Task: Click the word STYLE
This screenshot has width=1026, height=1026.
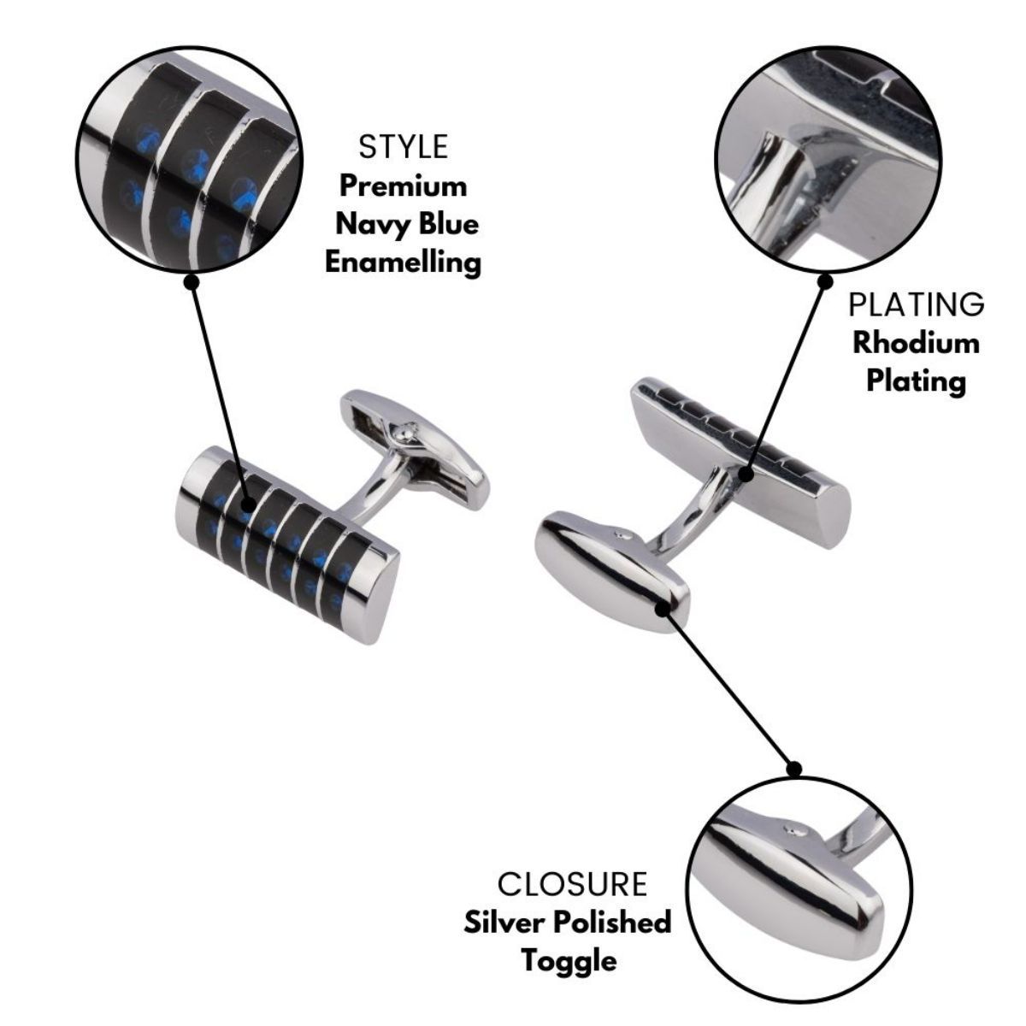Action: tap(404, 147)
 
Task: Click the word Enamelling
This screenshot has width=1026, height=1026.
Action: tap(404, 262)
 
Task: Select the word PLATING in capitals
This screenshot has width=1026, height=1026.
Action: tap(916, 304)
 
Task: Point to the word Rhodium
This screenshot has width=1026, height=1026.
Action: tap(916, 343)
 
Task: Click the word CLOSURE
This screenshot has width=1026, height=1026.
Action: tap(572, 883)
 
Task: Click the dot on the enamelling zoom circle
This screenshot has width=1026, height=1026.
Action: tap(192, 280)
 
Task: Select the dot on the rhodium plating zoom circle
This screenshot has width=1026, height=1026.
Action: tap(825, 280)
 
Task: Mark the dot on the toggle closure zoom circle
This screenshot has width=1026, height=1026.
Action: tap(793, 769)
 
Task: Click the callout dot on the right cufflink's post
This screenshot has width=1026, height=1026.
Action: tap(746, 472)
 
